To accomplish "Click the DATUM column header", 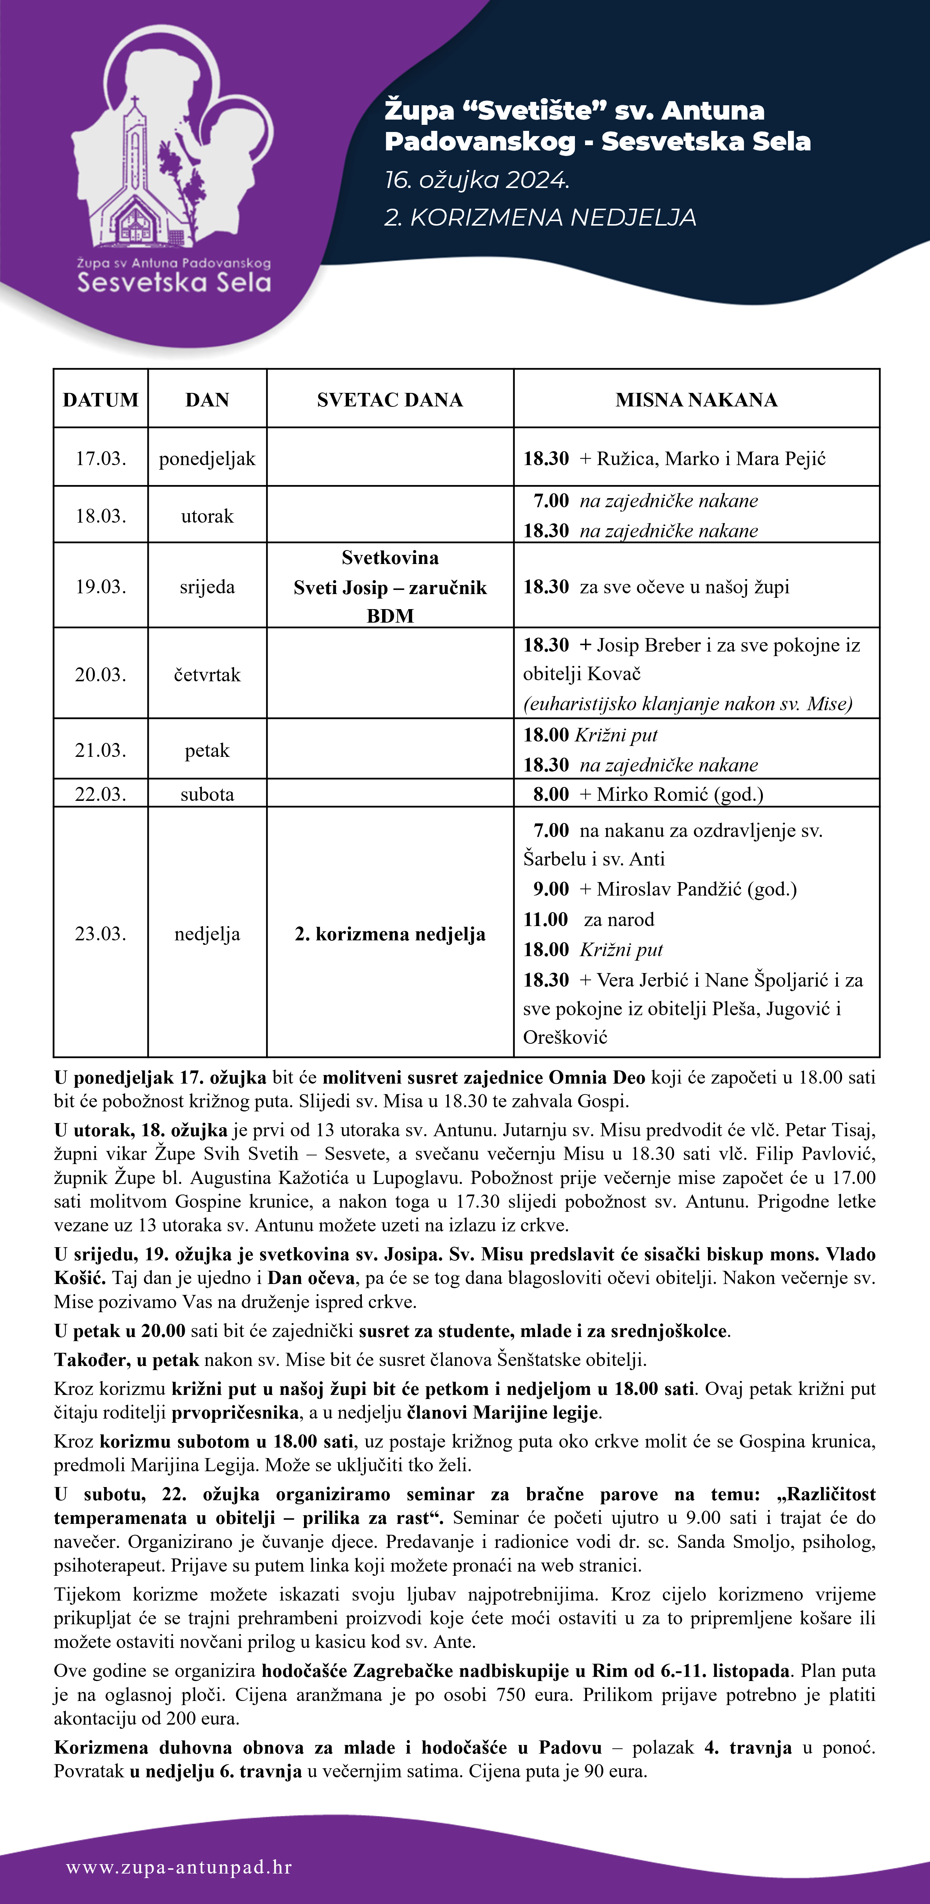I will [x=100, y=400].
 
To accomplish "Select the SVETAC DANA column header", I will [x=390, y=400].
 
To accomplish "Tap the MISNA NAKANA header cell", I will [x=697, y=400].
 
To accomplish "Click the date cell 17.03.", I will [x=100, y=458].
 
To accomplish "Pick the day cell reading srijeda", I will [x=207, y=587].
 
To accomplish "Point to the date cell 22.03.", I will [x=100, y=794].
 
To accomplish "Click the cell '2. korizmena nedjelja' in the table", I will [x=390, y=934].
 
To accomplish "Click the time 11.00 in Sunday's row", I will [x=546, y=920].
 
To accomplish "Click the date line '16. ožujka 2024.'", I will [x=476, y=180].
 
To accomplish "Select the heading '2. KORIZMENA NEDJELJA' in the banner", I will [x=540, y=217].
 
